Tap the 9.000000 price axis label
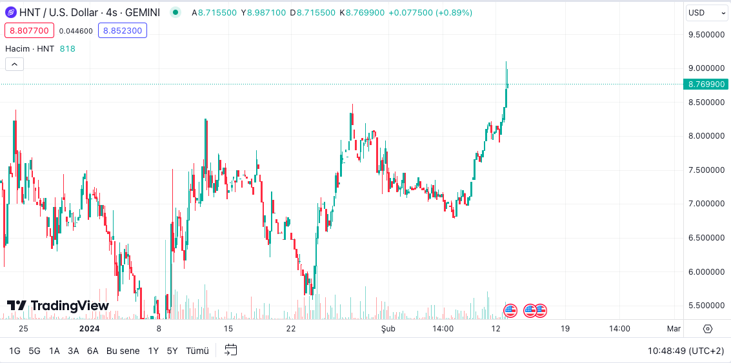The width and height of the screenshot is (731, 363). (x=706, y=68)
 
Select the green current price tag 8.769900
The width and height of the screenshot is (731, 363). (x=706, y=84)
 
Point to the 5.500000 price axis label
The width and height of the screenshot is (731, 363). (x=706, y=306)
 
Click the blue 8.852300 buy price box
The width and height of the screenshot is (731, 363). (x=122, y=30)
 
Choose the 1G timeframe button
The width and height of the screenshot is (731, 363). (x=15, y=351)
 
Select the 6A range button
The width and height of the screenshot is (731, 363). (x=93, y=351)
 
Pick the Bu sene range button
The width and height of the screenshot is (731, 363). (x=123, y=351)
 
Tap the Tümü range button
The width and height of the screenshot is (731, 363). (x=197, y=351)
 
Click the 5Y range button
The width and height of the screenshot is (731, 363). (x=172, y=351)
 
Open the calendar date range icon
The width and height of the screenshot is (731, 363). (x=231, y=350)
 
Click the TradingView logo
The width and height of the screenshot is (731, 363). (x=58, y=306)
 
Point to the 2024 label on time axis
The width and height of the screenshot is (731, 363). (x=89, y=329)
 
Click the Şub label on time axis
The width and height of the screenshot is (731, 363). (x=388, y=329)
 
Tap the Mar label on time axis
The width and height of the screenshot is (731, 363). (x=674, y=329)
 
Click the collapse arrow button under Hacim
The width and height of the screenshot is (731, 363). (x=14, y=64)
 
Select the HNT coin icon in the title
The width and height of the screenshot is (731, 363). (x=10, y=12)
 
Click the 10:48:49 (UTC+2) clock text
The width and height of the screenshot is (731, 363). (x=686, y=351)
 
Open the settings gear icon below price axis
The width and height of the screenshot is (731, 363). (x=707, y=329)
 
